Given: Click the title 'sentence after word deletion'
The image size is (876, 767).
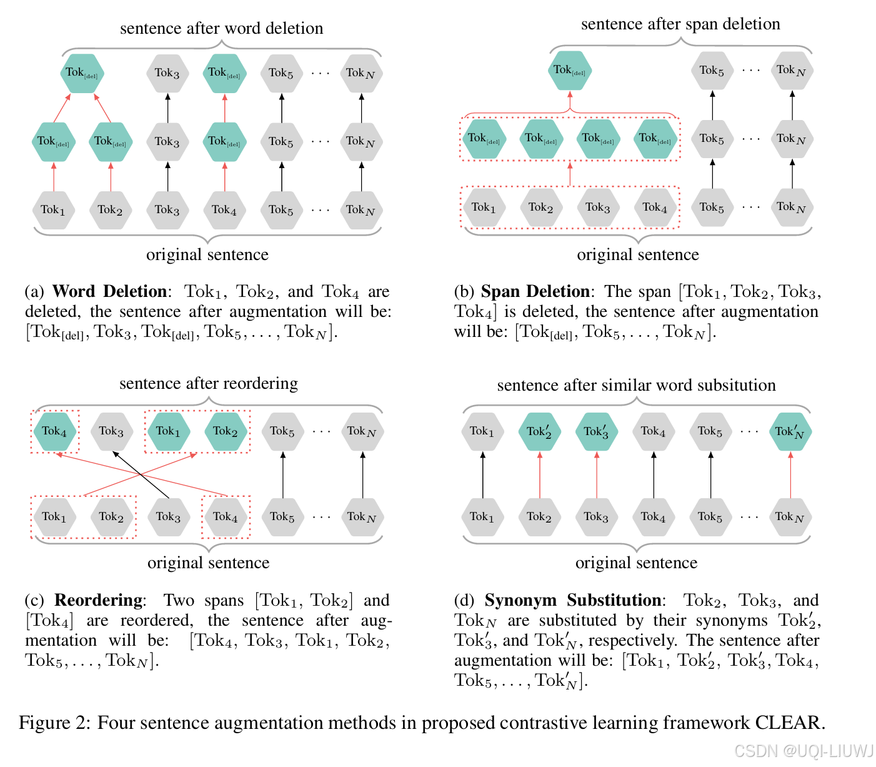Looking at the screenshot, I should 221,28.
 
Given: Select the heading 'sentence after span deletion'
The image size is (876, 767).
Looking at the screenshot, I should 680,24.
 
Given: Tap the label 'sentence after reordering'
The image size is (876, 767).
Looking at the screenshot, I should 209,383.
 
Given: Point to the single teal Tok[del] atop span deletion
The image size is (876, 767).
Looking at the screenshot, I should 569,71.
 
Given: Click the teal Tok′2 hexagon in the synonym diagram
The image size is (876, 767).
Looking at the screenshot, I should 539,431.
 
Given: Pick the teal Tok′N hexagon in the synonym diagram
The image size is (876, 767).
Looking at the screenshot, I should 790,431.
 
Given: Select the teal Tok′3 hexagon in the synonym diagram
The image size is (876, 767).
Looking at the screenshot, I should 596,431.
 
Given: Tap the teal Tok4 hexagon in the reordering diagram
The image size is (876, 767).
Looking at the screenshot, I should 55,431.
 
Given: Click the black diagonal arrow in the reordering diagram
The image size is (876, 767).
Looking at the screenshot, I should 141,474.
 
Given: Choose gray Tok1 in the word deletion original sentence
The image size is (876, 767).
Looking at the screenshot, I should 53,210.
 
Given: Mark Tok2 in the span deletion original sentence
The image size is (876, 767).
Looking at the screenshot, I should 540,208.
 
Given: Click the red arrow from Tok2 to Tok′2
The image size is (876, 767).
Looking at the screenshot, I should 540,474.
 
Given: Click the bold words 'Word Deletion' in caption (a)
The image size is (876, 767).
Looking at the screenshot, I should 109,291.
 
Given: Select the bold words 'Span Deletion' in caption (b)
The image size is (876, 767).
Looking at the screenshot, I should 535,291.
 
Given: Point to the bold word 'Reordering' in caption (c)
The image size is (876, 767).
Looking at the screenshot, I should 98,600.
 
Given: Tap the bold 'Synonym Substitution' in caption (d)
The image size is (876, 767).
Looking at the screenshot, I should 573,600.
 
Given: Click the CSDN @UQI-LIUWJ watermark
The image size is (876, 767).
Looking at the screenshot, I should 804,751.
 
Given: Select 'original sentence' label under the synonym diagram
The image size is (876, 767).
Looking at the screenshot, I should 636,563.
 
